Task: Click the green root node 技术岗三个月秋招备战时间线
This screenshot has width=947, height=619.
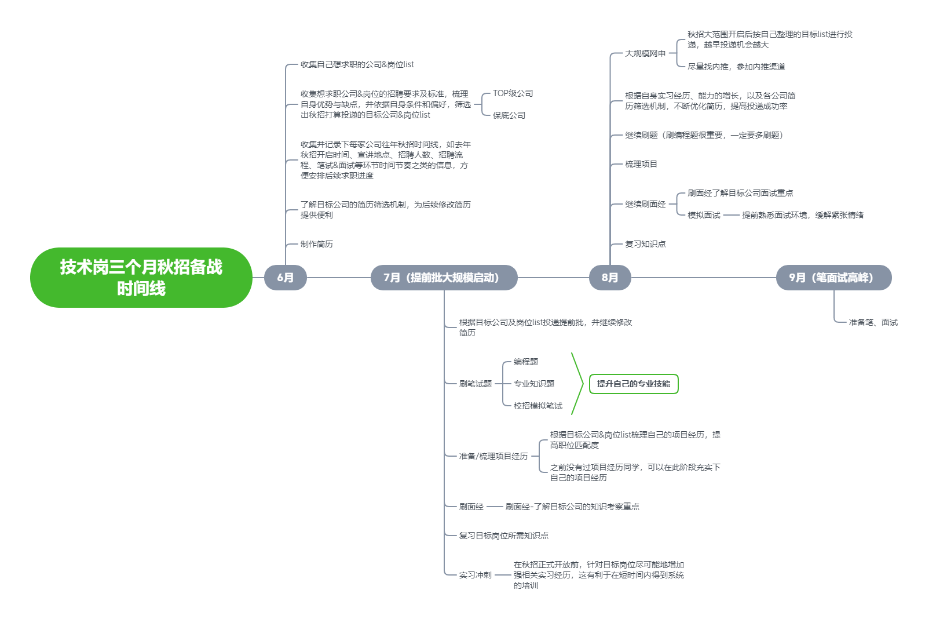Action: [x=141, y=278]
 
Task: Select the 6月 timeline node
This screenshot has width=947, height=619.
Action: [x=285, y=278]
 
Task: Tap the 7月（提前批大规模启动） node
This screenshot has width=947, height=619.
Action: [x=444, y=278]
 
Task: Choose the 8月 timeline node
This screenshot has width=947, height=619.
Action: [x=609, y=278]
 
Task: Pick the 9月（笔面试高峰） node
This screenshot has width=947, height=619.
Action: [x=833, y=278]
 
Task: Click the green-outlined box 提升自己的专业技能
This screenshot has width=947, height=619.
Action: [x=633, y=384]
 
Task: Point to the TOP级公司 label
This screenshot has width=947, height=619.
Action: [x=513, y=93]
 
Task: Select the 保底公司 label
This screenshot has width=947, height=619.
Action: [x=509, y=115]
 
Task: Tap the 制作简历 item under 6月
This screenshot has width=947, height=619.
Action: [x=316, y=244]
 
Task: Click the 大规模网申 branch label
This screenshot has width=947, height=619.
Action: [x=645, y=53]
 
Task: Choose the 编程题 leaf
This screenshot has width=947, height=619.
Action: [x=525, y=362]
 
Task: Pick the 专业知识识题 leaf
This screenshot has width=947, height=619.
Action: [x=533, y=384]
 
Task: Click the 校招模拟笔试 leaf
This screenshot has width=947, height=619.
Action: [x=538, y=406]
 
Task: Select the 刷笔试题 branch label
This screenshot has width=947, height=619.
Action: [x=475, y=384]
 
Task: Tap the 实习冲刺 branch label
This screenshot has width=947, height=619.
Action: [x=475, y=575]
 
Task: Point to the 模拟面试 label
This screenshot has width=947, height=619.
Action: [x=704, y=215]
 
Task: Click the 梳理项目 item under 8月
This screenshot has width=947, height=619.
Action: [x=641, y=164]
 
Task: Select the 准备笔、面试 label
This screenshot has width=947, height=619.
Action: [x=873, y=322]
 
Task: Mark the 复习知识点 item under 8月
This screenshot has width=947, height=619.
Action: [x=645, y=244]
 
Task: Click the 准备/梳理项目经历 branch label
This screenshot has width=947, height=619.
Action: [x=493, y=456]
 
